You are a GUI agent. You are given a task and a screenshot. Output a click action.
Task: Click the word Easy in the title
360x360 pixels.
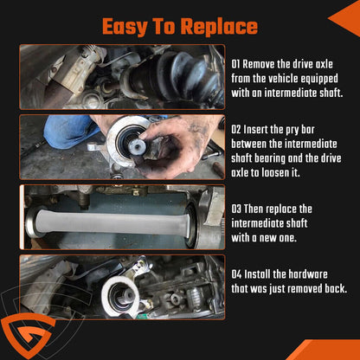(x=125, y=27)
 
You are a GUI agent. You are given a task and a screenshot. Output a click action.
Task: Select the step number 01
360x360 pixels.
(x=235, y=64)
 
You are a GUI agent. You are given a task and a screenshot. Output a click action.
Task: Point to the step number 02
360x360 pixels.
(x=236, y=130)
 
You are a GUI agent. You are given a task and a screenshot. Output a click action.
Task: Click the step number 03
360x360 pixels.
(x=236, y=209)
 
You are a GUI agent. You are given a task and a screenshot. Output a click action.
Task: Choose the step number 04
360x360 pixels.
(x=236, y=274)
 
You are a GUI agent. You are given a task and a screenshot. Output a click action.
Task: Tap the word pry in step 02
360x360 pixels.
(x=292, y=131)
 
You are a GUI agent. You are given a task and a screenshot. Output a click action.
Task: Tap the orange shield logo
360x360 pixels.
(x=28, y=335)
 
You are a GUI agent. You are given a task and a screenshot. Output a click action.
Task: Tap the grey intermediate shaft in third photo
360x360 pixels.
(x=112, y=222)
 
